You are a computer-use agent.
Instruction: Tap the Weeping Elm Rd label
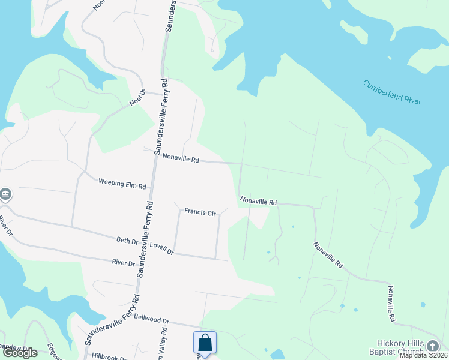point(122,183)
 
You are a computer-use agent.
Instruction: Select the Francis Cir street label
point(200,211)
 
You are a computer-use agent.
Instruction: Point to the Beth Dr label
point(127,241)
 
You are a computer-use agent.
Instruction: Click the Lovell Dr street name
point(161,248)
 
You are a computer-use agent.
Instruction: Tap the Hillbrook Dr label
point(109,356)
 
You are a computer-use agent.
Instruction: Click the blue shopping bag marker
point(205,343)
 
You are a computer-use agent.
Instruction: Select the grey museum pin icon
point(5,194)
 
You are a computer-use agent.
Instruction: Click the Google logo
point(20,353)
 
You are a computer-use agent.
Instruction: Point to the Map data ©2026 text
point(423,355)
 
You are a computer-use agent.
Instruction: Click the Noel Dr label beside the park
point(137,98)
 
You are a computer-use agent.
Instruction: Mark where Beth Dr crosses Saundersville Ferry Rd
point(144,244)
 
